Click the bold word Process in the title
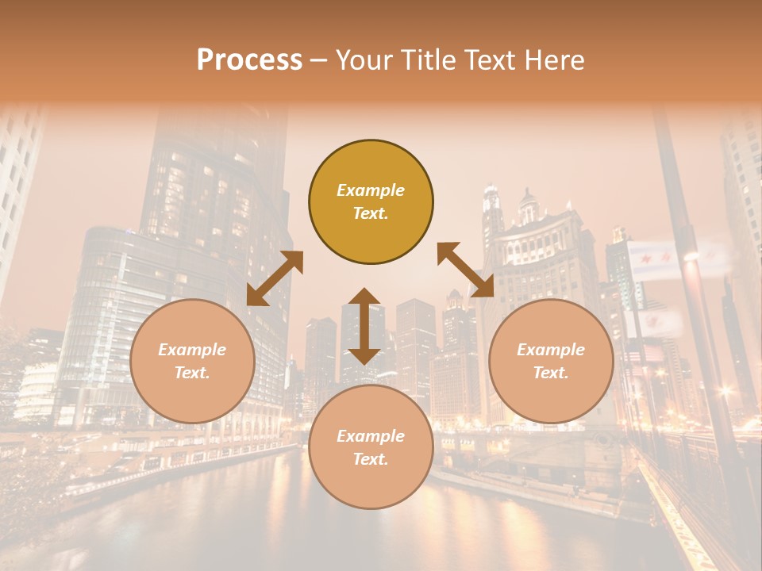tap(249, 60)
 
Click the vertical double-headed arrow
tap(364, 326)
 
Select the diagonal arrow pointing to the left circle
tap(275, 278)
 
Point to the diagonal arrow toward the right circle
tap(465, 270)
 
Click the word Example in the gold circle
tap(371, 190)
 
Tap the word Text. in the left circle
tap(192, 373)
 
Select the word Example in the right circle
tap(551, 350)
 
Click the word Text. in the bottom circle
tap(371, 459)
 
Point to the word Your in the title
tap(363, 60)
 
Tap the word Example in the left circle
tap(192, 350)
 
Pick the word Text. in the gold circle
tap(371, 213)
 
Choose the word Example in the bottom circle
tap(371, 436)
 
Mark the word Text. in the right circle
tap(551, 373)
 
